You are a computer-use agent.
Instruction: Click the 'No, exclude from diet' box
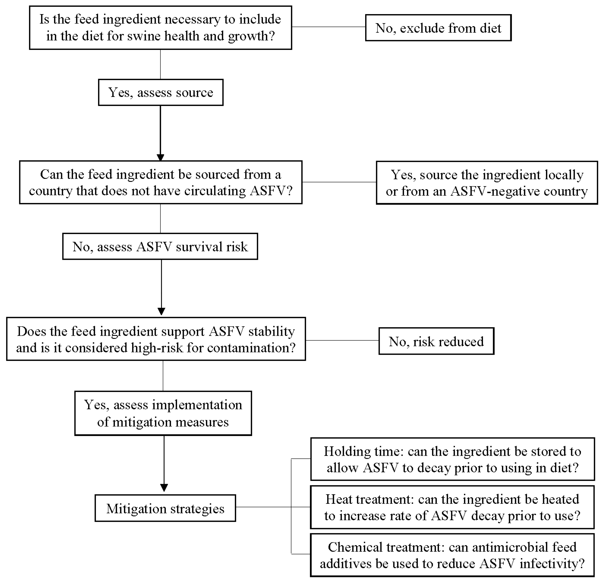pos(438,28)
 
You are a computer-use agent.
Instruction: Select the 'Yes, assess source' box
pos(161,93)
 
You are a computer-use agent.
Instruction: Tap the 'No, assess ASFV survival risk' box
pos(160,247)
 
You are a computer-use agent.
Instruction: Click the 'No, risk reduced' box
pos(436,341)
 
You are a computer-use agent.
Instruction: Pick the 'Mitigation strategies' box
pos(165,508)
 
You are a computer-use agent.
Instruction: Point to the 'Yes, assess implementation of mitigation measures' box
pos(163,413)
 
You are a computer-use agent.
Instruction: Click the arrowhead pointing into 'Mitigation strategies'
pos(164,488)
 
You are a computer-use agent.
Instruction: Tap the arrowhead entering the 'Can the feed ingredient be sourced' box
pos(160,157)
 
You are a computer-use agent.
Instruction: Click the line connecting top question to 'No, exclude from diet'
pos(328,27)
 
